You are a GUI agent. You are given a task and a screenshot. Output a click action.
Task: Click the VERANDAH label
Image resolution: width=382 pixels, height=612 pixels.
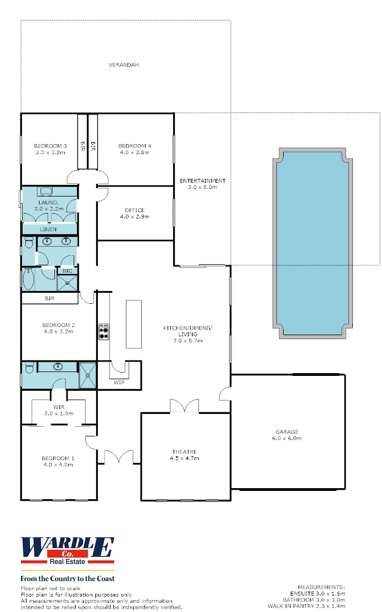(x=124, y=65)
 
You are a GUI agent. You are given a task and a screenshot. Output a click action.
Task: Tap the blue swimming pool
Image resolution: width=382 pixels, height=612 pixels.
(x=313, y=243)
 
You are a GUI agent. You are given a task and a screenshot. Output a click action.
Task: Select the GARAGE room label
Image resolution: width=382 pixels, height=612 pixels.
(x=287, y=431)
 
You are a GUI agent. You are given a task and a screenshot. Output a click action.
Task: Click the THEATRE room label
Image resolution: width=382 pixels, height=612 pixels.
(x=184, y=452)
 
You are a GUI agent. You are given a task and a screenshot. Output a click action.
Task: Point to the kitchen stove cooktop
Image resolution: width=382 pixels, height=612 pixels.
(x=104, y=332)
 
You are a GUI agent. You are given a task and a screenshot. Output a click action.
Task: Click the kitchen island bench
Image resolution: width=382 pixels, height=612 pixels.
(x=134, y=324)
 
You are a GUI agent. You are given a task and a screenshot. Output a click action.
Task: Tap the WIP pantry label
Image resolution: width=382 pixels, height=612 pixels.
(x=119, y=382)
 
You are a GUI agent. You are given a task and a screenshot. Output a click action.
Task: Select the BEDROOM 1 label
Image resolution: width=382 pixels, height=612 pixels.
(x=58, y=458)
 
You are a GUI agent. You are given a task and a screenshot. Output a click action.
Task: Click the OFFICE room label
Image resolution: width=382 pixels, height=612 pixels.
(x=135, y=210)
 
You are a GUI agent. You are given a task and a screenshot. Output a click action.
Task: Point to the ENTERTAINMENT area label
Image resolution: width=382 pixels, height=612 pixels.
(x=203, y=181)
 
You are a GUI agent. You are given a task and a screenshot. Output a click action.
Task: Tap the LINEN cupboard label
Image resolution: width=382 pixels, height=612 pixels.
(x=48, y=229)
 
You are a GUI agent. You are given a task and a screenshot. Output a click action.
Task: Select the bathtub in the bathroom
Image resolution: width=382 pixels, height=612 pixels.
(x=29, y=278)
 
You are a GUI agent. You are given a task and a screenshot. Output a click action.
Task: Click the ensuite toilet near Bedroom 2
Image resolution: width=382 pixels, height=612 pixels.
(x=29, y=368)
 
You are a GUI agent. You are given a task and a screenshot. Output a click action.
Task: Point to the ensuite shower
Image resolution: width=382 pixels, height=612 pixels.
(x=88, y=375)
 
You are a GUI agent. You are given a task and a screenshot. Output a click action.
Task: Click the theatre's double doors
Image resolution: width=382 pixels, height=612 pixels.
(x=184, y=406)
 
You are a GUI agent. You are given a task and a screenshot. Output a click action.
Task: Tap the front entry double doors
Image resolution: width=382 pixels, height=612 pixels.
(x=119, y=457)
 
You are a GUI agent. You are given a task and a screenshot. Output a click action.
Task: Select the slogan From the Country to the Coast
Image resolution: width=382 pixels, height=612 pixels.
(x=68, y=578)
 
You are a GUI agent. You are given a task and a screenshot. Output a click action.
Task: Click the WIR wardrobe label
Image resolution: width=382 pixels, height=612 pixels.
(x=59, y=407)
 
